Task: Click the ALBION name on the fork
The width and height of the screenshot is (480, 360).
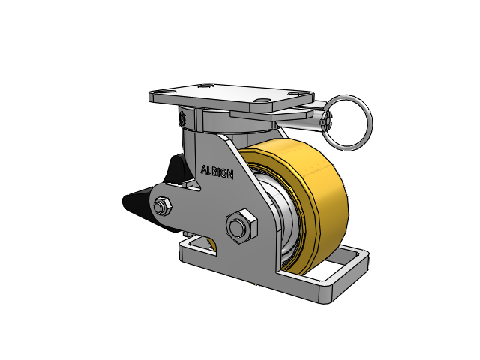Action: tap(217, 172)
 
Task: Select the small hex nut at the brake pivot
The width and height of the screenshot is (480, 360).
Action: tap(161, 205)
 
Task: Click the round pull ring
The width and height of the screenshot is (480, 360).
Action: tap(349, 120)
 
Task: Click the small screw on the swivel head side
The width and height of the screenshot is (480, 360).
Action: tap(181, 118)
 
